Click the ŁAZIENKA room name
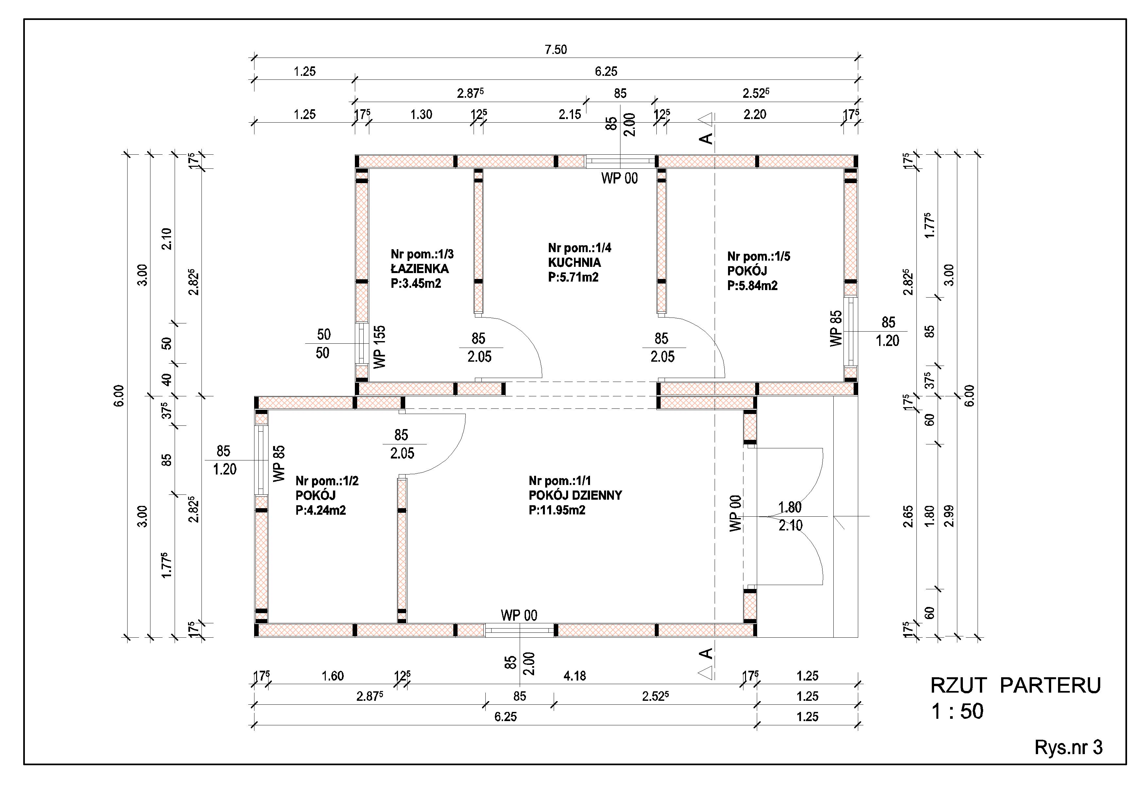[x=420, y=269]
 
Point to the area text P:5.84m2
[x=752, y=285]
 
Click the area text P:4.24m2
[x=321, y=510]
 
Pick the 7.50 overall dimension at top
[x=556, y=49]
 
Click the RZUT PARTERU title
[x=1016, y=686]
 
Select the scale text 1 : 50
[x=957, y=712]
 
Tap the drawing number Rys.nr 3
[x=1069, y=748]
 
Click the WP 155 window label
[x=380, y=347]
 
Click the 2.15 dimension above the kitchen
[x=570, y=114]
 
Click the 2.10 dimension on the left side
[x=167, y=239]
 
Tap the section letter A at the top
[x=706, y=138]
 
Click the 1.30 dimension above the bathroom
[x=421, y=114]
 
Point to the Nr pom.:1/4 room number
[x=580, y=248]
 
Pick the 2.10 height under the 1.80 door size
[x=790, y=526]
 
